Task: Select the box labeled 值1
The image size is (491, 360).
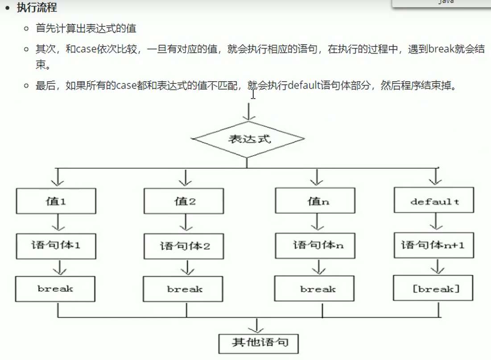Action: pos(56,201)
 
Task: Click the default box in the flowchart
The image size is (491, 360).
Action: pos(434,201)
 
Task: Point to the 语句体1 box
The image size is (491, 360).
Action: pos(56,246)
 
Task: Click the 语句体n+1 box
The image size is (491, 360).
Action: pos(432,245)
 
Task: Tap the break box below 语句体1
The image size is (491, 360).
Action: pos(55,289)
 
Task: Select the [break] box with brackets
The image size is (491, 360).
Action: pos(434,289)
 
